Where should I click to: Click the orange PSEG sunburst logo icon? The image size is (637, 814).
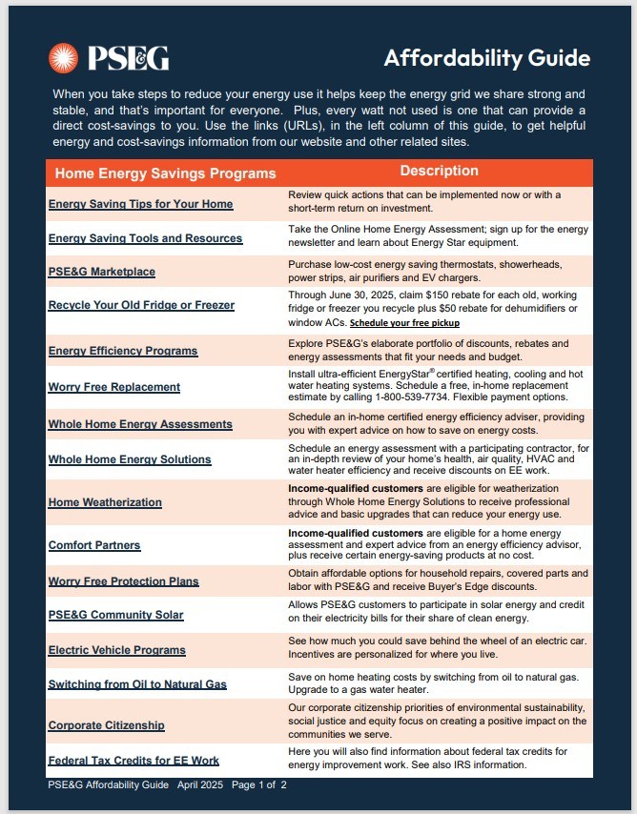65,58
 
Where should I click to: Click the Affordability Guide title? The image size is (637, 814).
486,58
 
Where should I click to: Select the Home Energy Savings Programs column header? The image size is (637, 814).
165,173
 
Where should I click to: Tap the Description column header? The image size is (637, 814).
439,172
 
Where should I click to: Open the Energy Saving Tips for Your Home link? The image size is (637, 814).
140,204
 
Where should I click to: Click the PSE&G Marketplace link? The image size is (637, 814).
101,272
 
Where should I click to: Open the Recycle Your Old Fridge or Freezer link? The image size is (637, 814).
141,305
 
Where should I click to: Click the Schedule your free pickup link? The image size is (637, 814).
404,323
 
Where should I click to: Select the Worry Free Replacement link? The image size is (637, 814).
113,387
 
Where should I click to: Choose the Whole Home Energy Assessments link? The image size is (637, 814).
140,424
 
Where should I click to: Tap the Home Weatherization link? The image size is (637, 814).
105,502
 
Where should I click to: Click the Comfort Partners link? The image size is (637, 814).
94,545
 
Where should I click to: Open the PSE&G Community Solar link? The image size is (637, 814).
115,615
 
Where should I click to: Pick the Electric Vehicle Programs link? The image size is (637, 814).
117,650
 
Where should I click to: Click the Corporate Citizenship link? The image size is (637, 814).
106,725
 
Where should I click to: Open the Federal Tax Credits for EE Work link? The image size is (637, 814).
134,760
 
